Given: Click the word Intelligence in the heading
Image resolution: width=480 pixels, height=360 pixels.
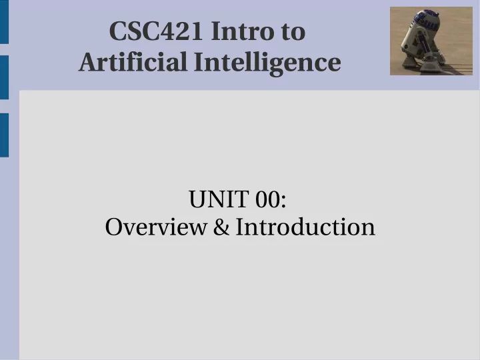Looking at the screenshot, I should [x=268, y=63].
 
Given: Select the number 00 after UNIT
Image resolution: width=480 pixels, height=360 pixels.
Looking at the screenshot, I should [x=271, y=199].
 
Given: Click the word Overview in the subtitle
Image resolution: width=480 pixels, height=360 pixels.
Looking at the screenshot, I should [x=155, y=227].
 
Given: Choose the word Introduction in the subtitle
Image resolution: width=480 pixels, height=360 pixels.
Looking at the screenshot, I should [x=305, y=227].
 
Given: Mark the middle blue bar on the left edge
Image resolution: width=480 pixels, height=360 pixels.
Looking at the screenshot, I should [x=4, y=77].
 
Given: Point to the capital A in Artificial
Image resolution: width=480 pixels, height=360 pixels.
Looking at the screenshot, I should [x=87, y=63].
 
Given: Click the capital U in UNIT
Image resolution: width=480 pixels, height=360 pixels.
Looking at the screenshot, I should [x=197, y=199].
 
